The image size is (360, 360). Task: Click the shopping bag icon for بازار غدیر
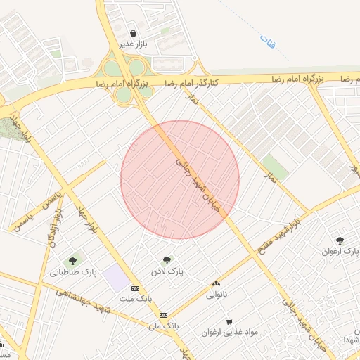coord(133,33)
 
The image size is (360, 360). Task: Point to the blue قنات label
coord(267,40)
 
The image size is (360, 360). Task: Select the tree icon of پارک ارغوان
coord(340,240)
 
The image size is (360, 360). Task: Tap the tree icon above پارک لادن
coord(167,260)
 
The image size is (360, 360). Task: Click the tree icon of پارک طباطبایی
coord(75,260)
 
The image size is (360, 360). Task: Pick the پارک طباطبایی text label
coord(73,271)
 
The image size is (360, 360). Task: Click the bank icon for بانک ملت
coord(135,288)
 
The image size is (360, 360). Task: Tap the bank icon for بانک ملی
coord(163,315)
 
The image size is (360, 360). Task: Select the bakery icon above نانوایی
coord(216,284)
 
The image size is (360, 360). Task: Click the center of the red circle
coord(180,179)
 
